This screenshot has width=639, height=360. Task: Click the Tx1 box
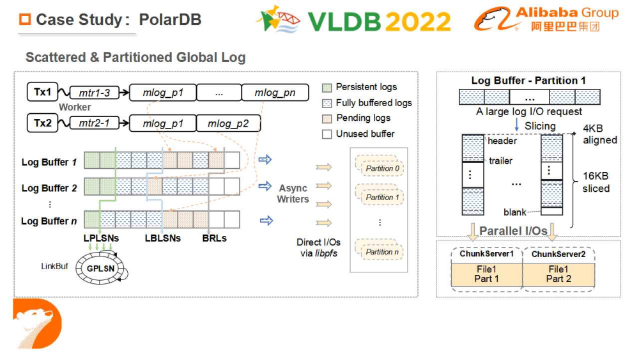coord(42,92)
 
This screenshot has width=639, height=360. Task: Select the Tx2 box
coord(42,122)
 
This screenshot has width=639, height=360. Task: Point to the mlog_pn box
coord(274,93)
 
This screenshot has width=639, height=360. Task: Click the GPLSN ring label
coord(100,269)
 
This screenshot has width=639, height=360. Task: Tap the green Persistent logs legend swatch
coord(327,87)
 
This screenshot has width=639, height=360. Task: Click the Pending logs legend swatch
coord(327,118)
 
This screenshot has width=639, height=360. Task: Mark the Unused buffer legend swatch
coord(327,134)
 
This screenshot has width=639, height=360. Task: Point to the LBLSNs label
coord(162,238)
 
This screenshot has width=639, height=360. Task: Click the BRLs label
coord(214,238)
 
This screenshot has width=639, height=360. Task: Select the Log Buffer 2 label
coord(49,188)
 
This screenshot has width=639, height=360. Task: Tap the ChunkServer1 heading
coord(486,254)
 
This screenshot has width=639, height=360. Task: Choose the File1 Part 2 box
coord(558,274)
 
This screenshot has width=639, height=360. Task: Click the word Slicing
coord(540,126)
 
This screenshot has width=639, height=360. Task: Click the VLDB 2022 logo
coord(355,20)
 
